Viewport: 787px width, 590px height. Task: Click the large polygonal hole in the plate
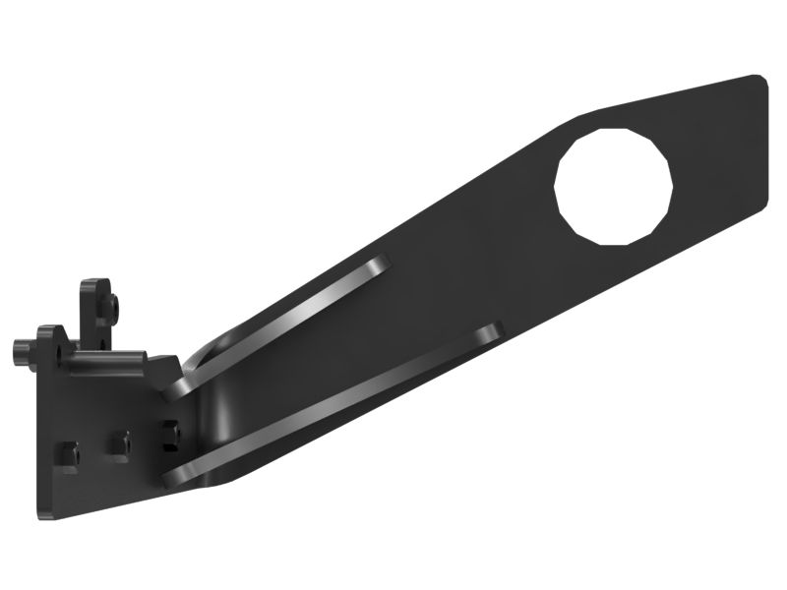(613, 185)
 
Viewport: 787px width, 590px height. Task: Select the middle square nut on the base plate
(120, 443)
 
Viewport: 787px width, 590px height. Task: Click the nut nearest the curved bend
(171, 434)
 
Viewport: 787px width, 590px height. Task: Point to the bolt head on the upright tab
(114, 308)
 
